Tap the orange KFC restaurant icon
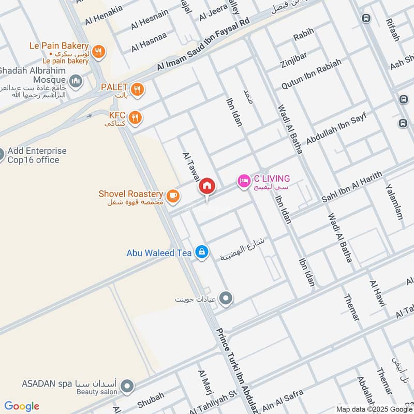[135, 117]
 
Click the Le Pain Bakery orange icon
[99, 51]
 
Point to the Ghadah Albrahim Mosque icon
[76, 81]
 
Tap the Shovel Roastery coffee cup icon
[173, 195]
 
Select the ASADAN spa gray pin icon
[127, 386]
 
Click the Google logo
[22, 406]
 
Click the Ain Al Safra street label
[280, 400]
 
